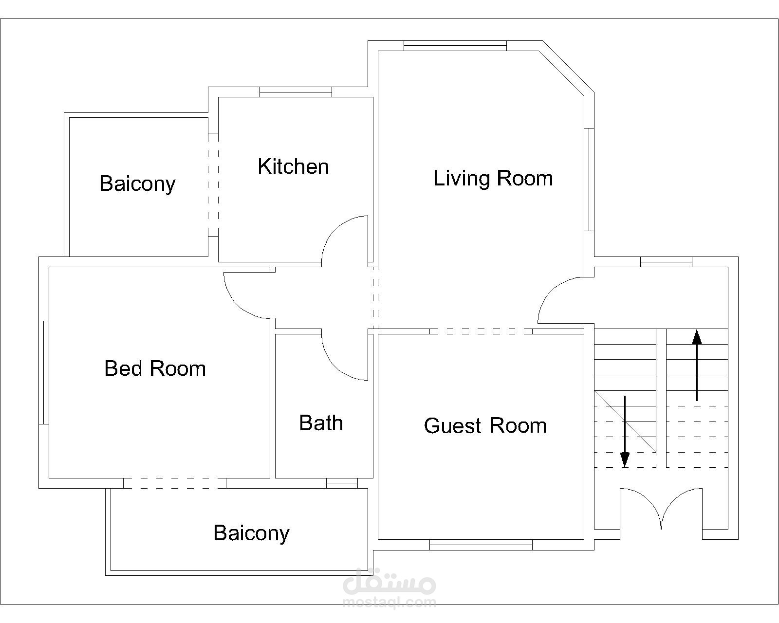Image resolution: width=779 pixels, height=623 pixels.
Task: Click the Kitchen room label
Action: [x=293, y=166]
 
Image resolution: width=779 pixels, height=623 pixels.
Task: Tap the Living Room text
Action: [x=493, y=179]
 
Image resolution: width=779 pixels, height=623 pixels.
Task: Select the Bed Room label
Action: [x=155, y=368]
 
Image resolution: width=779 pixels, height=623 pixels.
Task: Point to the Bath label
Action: [x=321, y=422]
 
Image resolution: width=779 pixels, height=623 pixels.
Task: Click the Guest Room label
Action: [x=485, y=426]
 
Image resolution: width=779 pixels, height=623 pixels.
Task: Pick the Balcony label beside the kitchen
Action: [x=138, y=184]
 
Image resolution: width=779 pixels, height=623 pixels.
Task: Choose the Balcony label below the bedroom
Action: [x=252, y=533]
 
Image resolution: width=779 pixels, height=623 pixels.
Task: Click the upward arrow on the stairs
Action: [x=697, y=365]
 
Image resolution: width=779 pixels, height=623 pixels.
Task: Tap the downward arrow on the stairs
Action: [x=625, y=432]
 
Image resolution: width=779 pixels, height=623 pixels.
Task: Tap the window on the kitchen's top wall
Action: [x=296, y=92]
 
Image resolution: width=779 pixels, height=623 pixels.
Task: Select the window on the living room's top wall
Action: [x=455, y=46]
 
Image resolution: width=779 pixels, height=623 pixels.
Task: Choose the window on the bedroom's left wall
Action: [x=44, y=372]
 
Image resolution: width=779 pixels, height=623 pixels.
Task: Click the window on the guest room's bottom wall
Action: [x=481, y=545]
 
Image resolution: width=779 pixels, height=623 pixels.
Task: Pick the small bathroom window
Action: [x=342, y=483]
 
